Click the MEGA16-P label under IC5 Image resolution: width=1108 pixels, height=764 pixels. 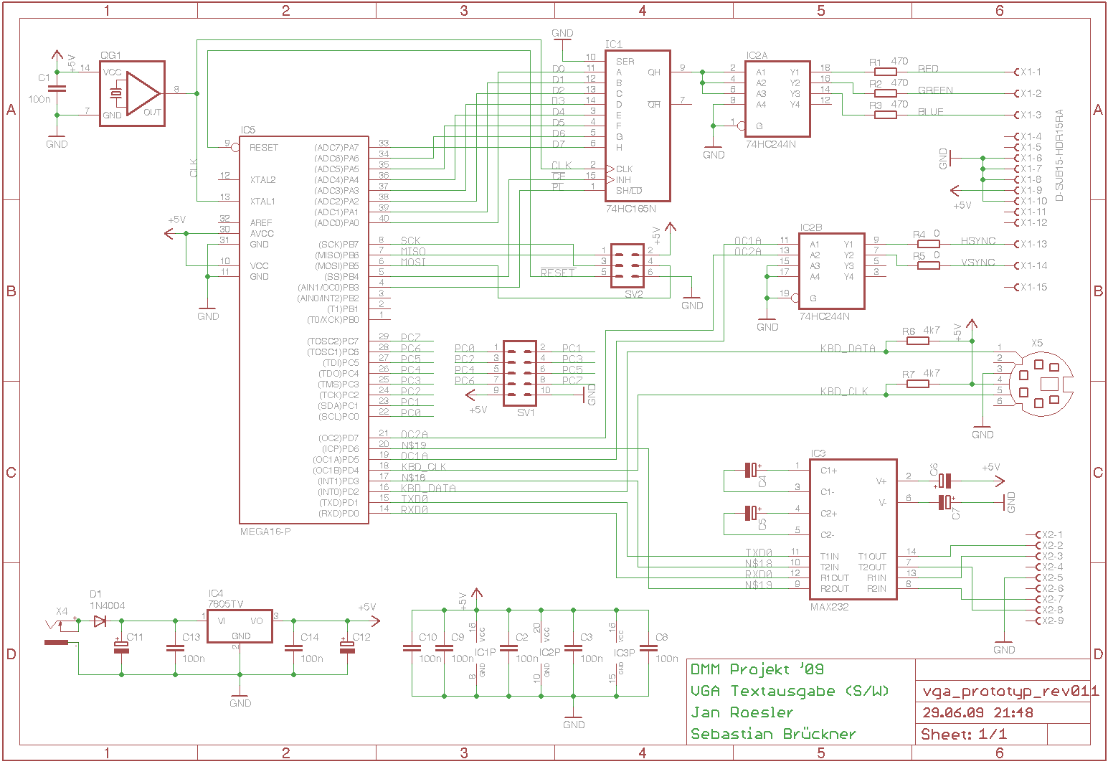tap(265, 532)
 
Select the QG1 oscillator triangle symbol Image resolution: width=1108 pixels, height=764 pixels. tap(142, 93)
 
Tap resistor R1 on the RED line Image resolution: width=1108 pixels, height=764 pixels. tap(886, 72)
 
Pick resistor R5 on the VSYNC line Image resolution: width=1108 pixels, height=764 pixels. tap(929, 265)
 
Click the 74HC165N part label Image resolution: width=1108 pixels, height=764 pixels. tap(631, 209)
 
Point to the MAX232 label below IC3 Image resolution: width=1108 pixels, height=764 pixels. tap(829, 607)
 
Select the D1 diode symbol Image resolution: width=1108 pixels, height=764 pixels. tap(100, 621)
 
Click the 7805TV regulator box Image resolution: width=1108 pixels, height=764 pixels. tap(240, 627)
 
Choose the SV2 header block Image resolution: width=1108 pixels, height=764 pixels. tap(627, 265)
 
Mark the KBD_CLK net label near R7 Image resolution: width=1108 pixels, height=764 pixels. tap(844, 392)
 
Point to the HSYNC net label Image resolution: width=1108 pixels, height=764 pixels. tap(978, 241)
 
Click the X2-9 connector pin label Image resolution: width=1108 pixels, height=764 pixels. tap(1052, 621)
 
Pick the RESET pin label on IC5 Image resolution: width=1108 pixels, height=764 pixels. tap(264, 148)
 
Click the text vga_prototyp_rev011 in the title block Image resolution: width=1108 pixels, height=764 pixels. tap(1010, 692)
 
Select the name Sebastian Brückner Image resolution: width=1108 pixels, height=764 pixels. tap(773, 734)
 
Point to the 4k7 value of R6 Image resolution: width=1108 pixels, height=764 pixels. tap(932, 331)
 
